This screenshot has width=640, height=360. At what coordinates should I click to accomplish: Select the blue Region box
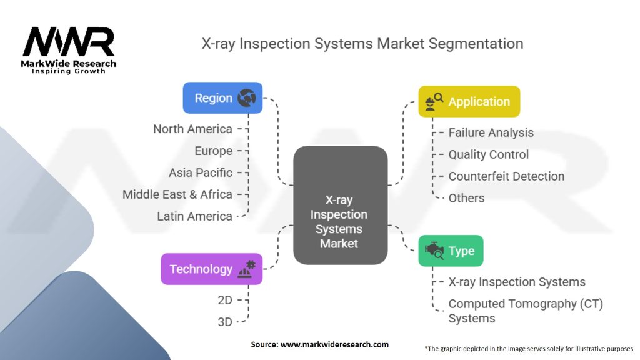pos(222,98)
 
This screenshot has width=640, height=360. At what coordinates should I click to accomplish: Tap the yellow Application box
pos(469,101)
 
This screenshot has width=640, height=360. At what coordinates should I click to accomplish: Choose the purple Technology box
pos(211,269)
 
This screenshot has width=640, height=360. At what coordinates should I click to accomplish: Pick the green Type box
pos(451,251)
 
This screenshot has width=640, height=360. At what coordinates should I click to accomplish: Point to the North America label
pos(192,129)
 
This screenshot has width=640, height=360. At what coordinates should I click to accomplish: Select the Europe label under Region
pos(213,151)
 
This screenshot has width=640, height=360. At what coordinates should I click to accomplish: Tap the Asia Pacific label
pos(200,172)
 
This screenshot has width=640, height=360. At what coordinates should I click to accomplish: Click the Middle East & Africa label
pos(177,194)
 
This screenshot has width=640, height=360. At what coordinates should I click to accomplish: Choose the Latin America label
pos(194,216)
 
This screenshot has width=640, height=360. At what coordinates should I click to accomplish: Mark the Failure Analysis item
pos(491,132)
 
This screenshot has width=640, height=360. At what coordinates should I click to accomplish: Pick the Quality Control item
pos(488,154)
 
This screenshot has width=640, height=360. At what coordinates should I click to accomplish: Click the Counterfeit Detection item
pos(506,176)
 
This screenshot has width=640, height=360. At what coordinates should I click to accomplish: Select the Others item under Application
pos(466,198)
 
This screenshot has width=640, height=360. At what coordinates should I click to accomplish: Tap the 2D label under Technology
pos(224,300)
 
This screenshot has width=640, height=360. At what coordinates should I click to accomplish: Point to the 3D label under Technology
pos(224,322)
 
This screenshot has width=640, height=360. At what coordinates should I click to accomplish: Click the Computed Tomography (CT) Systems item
pos(525,311)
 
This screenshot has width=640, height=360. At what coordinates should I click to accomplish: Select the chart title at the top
pos(362,44)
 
